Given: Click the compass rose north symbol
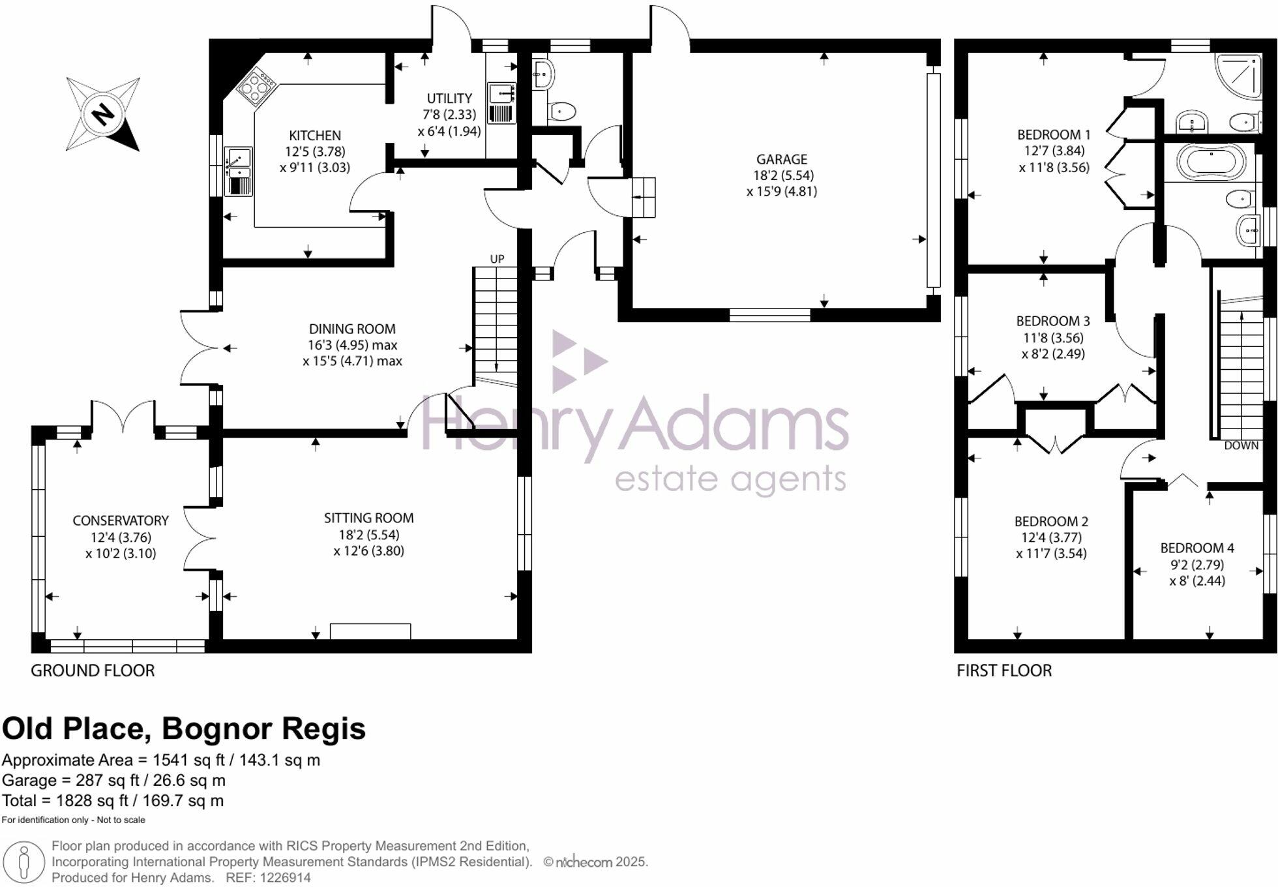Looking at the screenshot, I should tap(102, 114).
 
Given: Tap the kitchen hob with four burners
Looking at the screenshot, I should tap(256, 86).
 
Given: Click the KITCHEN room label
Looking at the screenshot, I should tap(315, 136).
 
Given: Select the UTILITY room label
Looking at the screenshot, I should tap(449, 98).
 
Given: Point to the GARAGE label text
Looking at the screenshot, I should tap(781, 159).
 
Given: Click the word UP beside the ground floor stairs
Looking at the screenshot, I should tap(497, 259).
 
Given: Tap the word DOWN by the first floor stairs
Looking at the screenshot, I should tap(1241, 445).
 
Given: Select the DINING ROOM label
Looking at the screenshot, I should tap(352, 329).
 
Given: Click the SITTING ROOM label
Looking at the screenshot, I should tap(368, 518).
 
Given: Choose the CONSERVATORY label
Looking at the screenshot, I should tap(121, 520).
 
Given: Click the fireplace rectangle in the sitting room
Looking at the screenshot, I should tap(370, 631).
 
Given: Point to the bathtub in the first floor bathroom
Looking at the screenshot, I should tap(1211, 161).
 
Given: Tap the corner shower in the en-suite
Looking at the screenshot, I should tap(1239, 75).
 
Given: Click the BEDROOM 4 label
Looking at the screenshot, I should tap(1196, 548).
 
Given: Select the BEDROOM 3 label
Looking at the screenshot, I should tap(1052, 321).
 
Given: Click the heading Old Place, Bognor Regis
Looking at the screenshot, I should tap(184, 729).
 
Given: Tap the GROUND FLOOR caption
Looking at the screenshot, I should tap(93, 670).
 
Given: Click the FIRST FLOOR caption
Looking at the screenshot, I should tap(1003, 670).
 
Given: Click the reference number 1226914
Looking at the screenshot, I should tap(285, 878).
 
